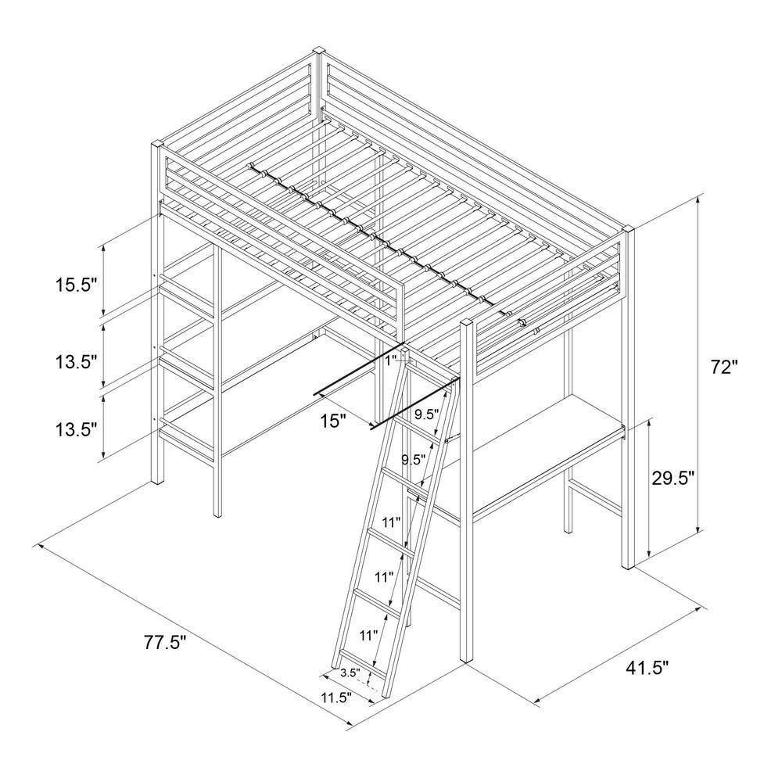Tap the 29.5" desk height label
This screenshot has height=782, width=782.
pyautogui.click(x=673, y=479)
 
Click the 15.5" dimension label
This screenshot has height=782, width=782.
pyautogui.click(x=76, y=285)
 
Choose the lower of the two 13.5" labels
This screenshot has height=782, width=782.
pyautogui.click(x=76, y=429)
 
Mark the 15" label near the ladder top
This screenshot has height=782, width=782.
pyautogui.click(x=333, y=421)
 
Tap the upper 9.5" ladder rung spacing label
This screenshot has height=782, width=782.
pyautogui.click(x=426, y=414)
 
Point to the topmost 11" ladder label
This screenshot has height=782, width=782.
pyautogui.click(x=391, y=522)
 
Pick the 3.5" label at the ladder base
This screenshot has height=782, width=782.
pyautogui.click(x=350, y=672)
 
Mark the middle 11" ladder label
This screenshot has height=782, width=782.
pyautogui.click(x=382, y=578)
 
